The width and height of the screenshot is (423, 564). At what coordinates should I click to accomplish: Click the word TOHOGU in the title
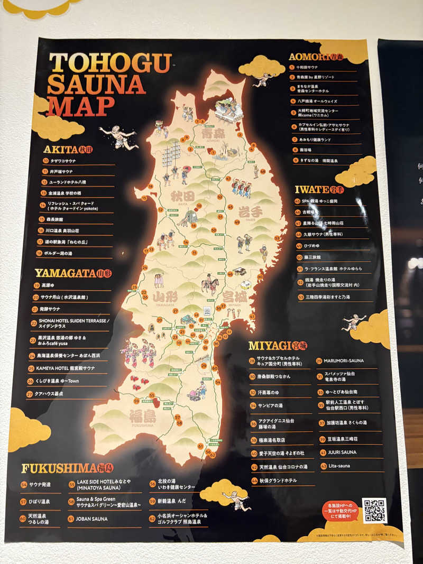pos(110,62)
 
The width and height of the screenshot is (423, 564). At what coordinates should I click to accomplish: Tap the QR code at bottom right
pos(374,510)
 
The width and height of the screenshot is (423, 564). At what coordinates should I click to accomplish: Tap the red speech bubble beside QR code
pos(339,511)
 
